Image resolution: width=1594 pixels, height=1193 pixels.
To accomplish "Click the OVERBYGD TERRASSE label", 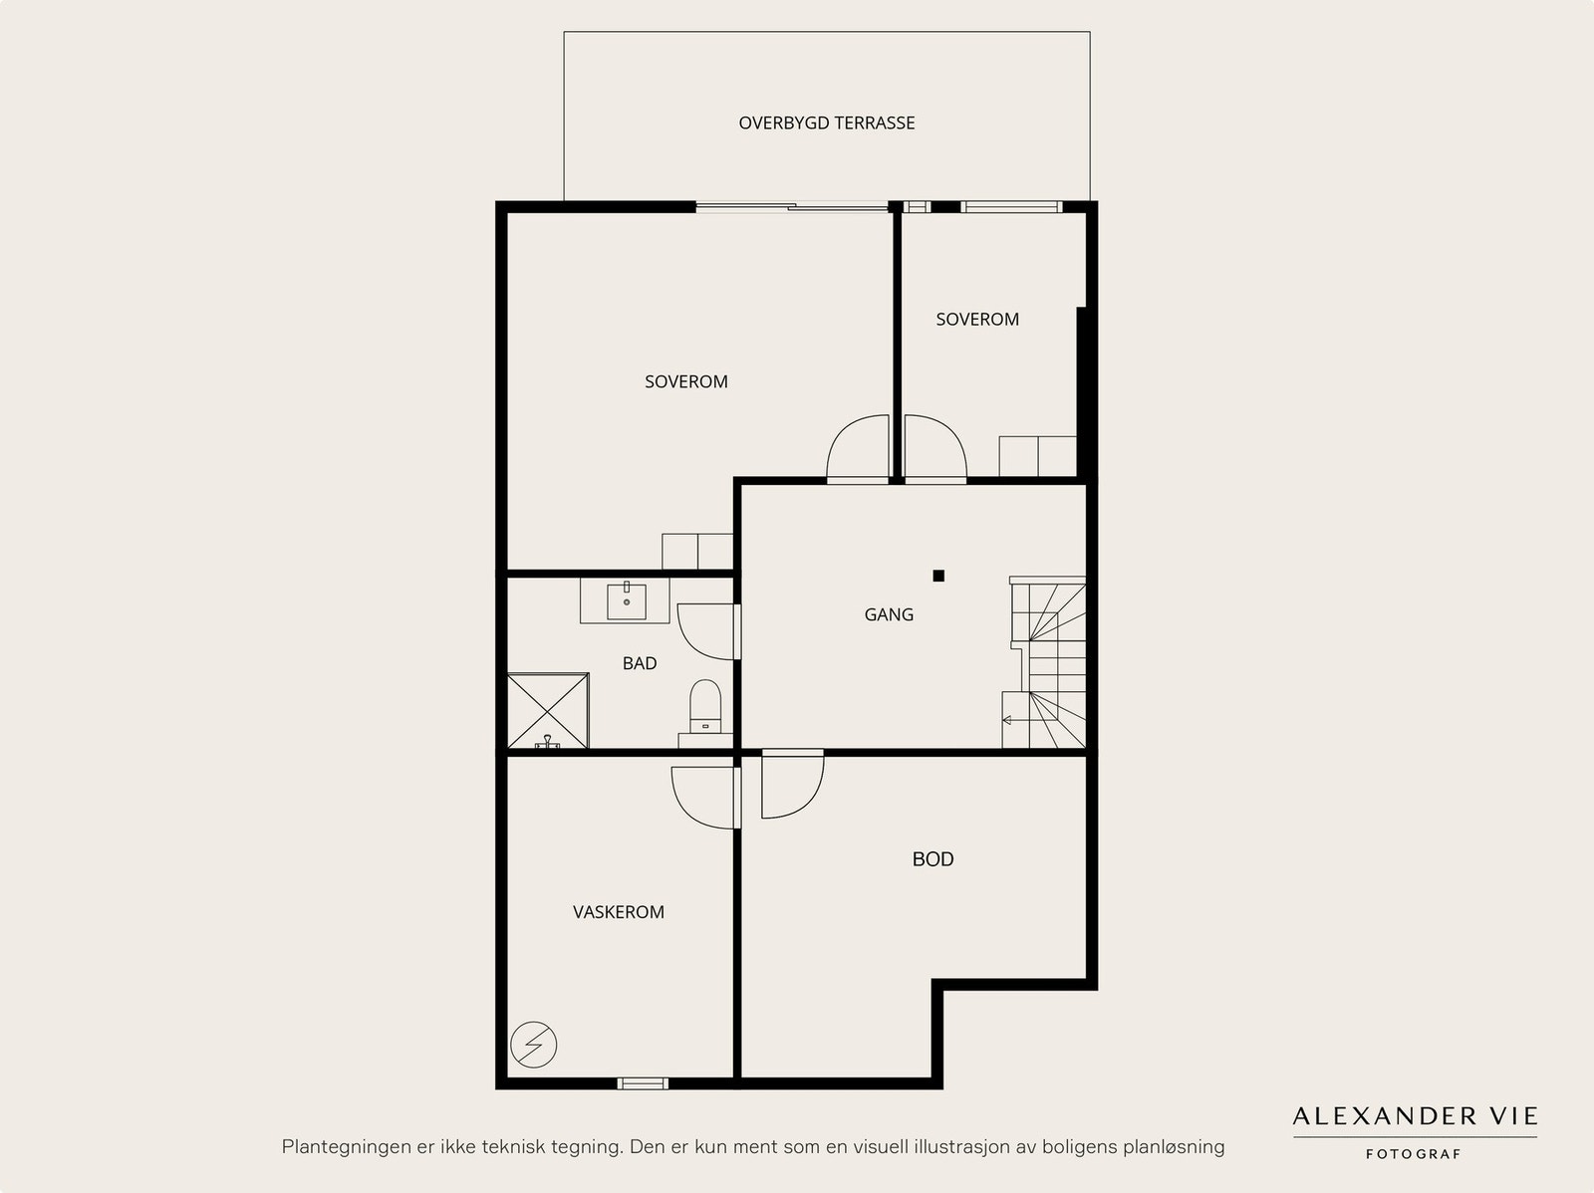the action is click(827, 123).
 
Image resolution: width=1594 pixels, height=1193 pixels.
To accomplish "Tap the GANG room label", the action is click(889, 614).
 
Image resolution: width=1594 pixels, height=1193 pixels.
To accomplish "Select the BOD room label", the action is click(933, 859).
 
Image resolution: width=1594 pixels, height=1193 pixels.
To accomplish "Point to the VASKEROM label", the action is click(618, 912).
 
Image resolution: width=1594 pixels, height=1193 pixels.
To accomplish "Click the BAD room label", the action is click(640, 663).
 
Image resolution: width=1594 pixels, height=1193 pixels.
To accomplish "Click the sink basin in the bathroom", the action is click(627, 601).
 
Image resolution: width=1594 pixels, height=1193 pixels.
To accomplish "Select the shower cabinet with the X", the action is click(548, 711).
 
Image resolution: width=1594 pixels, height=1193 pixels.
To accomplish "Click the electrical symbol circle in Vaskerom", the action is click(534, 1045).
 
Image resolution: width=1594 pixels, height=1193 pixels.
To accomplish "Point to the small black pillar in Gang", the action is click(939, 576).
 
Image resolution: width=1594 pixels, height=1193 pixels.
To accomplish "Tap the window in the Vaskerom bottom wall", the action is click(643, 1083).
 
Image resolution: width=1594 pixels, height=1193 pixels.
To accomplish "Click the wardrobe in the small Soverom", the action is click(1038, 456).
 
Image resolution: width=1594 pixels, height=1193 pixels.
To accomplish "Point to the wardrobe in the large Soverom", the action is click(697, 552).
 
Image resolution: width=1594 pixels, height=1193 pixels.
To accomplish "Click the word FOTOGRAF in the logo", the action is click(1413, 1154).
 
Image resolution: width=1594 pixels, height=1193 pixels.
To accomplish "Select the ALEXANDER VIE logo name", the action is click(1415, 1116).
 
